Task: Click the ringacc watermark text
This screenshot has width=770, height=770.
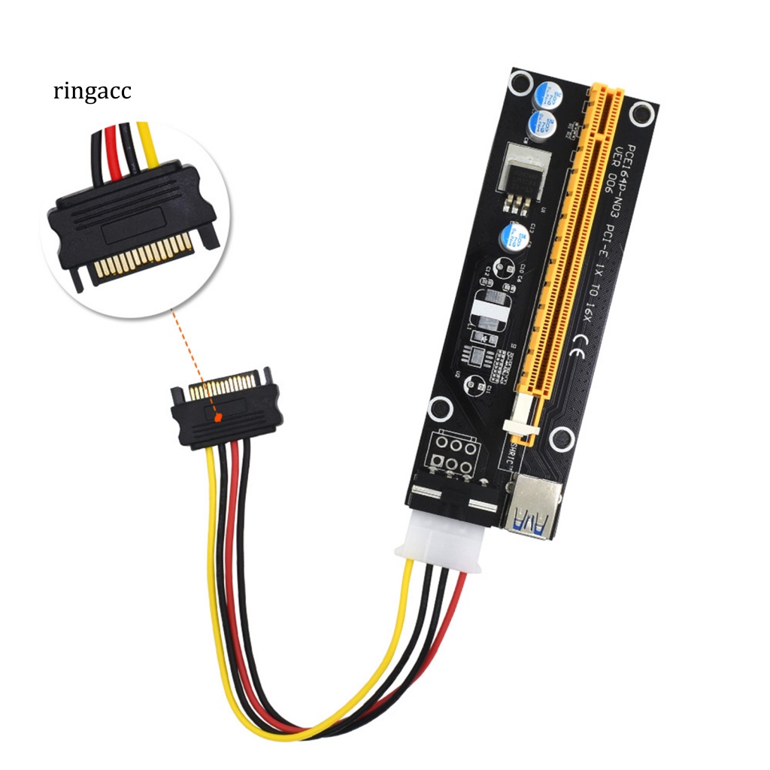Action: click(92, 92)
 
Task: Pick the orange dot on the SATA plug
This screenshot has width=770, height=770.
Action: click(217, 415)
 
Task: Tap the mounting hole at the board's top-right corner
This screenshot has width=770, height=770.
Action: click(641, 114)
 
